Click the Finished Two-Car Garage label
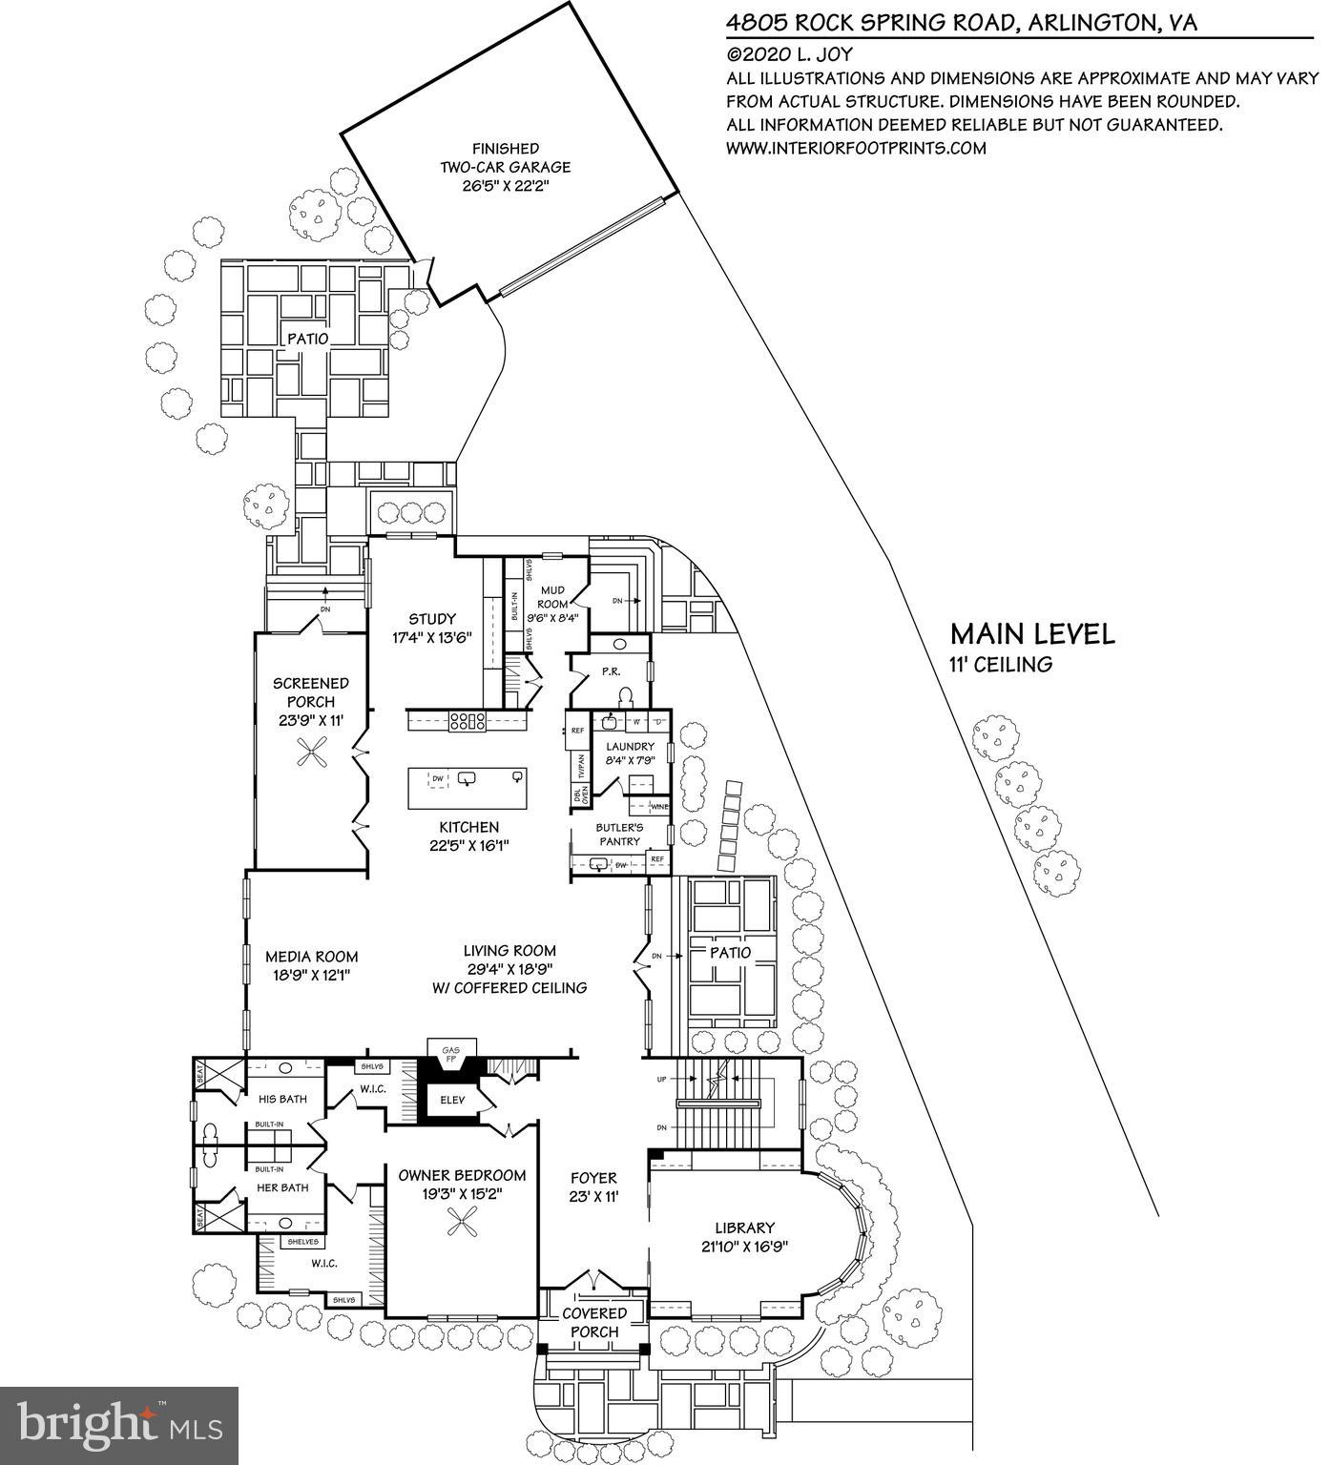point(505,166)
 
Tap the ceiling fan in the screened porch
point(311,757)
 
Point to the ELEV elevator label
point(452,1100)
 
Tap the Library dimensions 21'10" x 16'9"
point(745,1246)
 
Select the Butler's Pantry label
point(619,835)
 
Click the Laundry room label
point(630,746)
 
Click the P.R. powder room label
point(612,671)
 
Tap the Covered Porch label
point(594,1322)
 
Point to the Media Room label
point(311,957)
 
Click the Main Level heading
point(1031,634)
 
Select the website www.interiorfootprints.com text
point(856,148)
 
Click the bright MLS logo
point(119,1426)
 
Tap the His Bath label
point(283,1099)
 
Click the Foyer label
point(593,1178)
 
